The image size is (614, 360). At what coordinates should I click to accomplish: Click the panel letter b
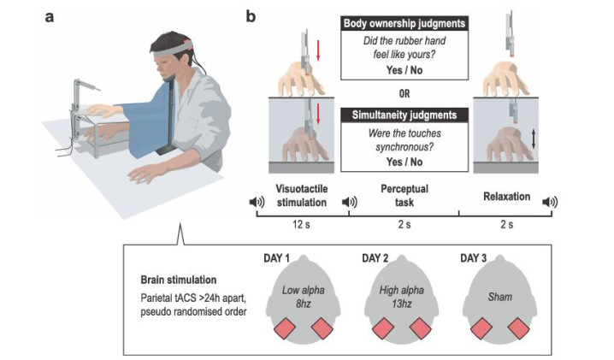[251, 16]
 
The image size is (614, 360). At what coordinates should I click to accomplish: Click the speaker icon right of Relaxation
[549, 202]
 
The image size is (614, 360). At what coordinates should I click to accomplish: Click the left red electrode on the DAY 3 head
[481, 327]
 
